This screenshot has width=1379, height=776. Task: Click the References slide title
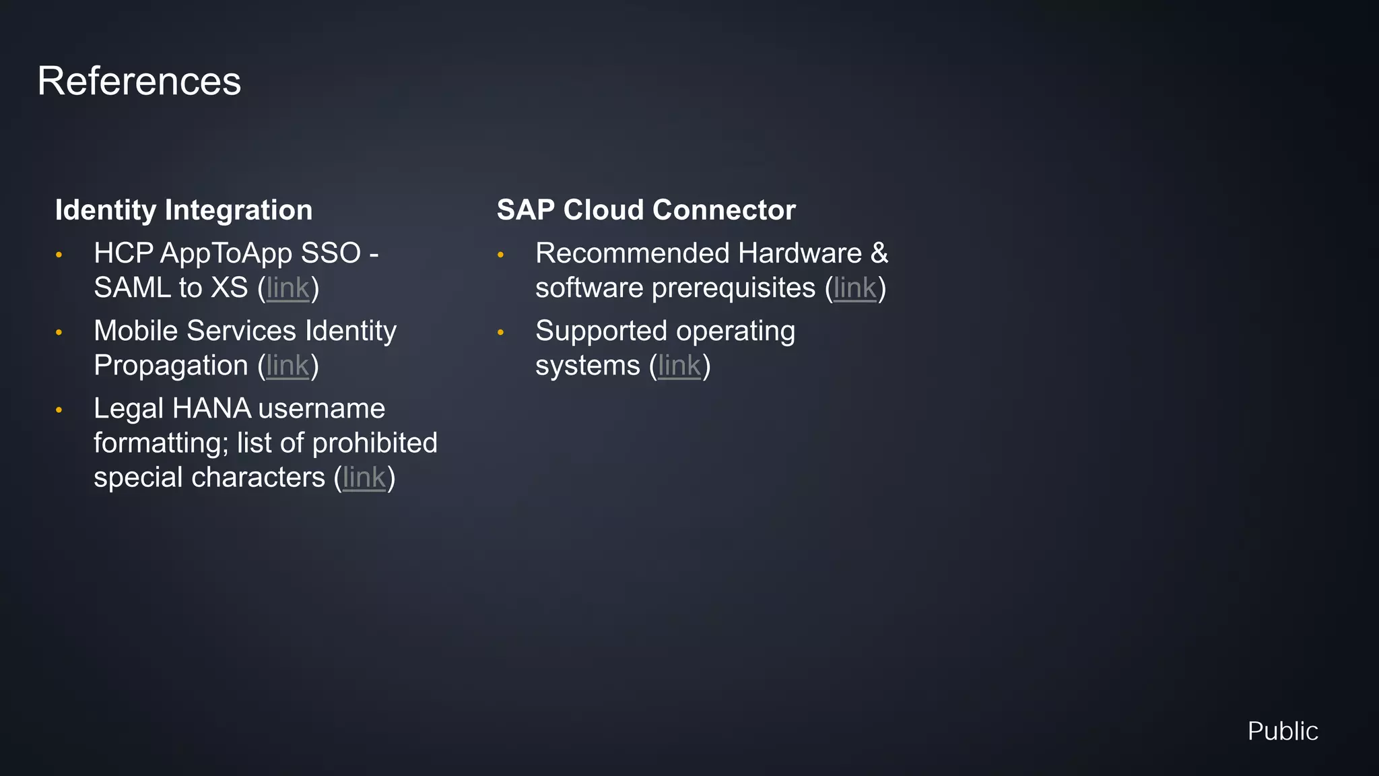pyautogui.click(x=139, y=82)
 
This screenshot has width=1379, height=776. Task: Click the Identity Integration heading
pyautogui.click(x=183, y=210)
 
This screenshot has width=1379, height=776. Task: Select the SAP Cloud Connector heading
pyautogui.click(x=646, y=210)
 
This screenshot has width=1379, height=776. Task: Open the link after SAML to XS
pyautogui.click(x=288, y=288)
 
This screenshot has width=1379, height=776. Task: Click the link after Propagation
pyautogui.click(x=288, y=366)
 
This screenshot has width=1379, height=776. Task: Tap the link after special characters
pyautogui.click(x=364, y=478)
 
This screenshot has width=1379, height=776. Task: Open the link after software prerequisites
pyautogui.click(x=854, y=288)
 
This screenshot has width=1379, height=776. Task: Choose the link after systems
pyautogui.click(x=679, y=366)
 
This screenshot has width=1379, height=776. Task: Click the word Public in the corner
pyautogui.click(x=1282, y=732)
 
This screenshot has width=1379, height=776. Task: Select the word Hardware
pyautogui.click(x=799, y=254)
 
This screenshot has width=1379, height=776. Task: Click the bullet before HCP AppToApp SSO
pyautogui.click(x=59, y=255)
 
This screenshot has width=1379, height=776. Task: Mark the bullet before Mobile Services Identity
pyautogui.click(x=59, y=332)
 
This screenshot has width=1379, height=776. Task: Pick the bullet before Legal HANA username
pyautogui.click(x=59, y=410)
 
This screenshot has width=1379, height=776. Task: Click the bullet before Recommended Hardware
pyautogui.click(x=500, y=255)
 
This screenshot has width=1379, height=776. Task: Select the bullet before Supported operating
pyautogui.click(x=500, y=332)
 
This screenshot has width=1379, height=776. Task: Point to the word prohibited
pyautogui.click(x=374, y=443)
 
